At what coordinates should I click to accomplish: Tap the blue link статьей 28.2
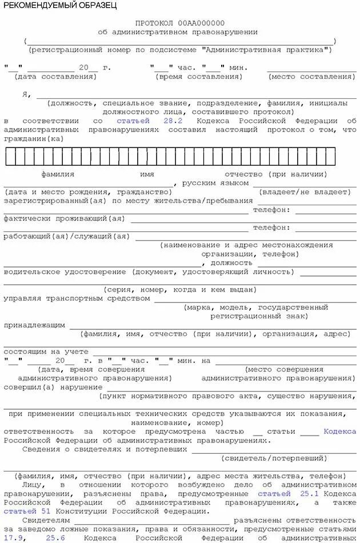coord(150,121)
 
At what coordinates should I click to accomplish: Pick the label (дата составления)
coord(55,76)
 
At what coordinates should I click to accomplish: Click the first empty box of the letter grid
coord(10,156)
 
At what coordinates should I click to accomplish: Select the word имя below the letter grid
coord(147,174)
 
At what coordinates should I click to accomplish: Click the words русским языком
coord(215,183)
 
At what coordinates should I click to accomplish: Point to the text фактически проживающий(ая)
coord(64,218)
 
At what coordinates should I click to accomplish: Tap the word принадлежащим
coord(34,325)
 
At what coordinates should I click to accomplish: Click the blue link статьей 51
coord(30,511)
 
